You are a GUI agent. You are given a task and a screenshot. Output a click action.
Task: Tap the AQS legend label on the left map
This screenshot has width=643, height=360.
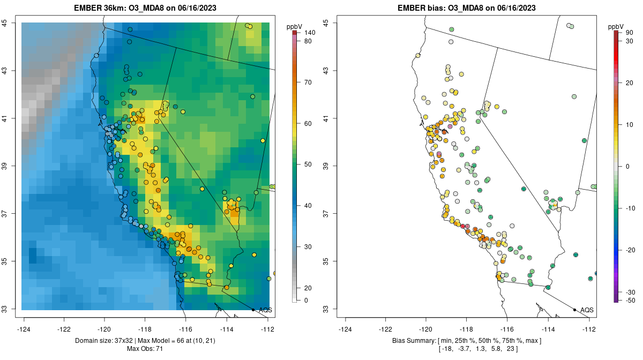[x=265, y=310]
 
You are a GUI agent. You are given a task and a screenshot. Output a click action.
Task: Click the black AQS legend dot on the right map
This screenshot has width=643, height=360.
[x=574, y=310]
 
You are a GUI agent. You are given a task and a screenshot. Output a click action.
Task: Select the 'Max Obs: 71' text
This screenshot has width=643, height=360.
[x=145, y=349]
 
